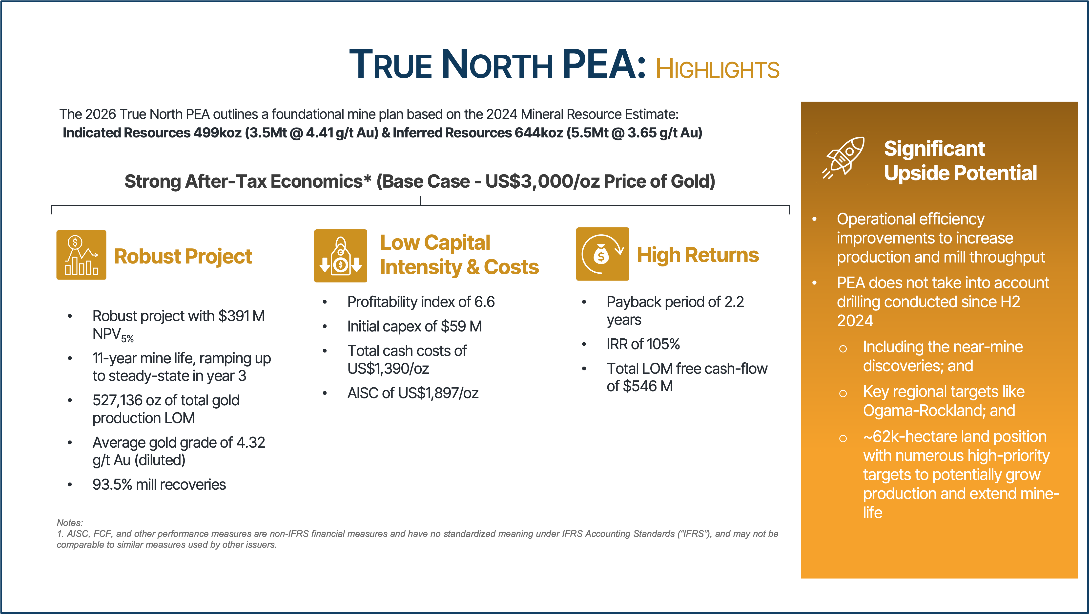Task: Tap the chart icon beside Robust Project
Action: [x=81, y=255]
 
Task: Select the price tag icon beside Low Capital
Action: [x=340, y=256]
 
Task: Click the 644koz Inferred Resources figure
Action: [x=539, y=133]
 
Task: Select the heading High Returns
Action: [x=698, y=255]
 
